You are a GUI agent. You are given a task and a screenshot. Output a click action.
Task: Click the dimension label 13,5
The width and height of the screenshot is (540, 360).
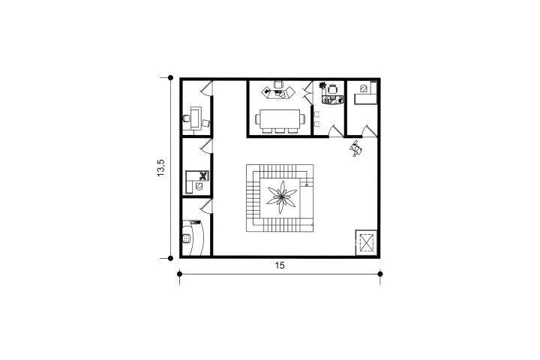point(160,168)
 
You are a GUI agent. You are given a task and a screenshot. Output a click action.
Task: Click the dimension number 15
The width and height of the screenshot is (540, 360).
point(280,265)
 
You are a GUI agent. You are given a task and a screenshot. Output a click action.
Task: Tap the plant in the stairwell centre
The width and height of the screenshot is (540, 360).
point(281,197)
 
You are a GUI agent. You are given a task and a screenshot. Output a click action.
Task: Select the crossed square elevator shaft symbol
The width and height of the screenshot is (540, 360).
point(367,242)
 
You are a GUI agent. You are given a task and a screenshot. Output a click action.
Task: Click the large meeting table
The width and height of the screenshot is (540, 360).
point(280,119)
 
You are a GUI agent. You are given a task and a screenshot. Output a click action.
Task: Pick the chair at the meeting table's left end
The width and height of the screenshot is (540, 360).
point(257,119)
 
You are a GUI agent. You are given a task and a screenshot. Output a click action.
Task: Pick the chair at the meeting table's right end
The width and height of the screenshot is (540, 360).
point(302,119)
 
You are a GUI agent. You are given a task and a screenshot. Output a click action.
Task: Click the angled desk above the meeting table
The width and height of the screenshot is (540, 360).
point(278,93)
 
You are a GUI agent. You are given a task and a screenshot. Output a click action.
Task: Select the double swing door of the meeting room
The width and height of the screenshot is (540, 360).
point(306,91)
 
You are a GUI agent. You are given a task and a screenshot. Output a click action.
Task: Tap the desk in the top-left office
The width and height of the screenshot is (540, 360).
point(196,118)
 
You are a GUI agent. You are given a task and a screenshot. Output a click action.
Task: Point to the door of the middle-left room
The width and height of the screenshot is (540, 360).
point(207,146)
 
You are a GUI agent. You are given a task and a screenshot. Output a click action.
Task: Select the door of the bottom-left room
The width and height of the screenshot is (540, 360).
point(207,206)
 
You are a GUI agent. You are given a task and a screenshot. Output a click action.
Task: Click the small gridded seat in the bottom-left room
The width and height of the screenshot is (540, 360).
point(187,238)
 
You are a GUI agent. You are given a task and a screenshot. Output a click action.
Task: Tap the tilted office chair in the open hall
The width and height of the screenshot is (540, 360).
point(356,148)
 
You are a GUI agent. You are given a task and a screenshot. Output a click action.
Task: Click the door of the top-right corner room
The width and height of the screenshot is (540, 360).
point(370,131)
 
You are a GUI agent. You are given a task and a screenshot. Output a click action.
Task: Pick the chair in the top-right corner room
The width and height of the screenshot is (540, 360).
point(364,88)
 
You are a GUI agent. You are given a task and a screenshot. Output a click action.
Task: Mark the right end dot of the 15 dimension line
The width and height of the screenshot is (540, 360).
point(380,274)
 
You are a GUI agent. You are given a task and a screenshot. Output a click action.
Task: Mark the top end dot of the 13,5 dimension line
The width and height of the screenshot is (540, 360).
point(170,78)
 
